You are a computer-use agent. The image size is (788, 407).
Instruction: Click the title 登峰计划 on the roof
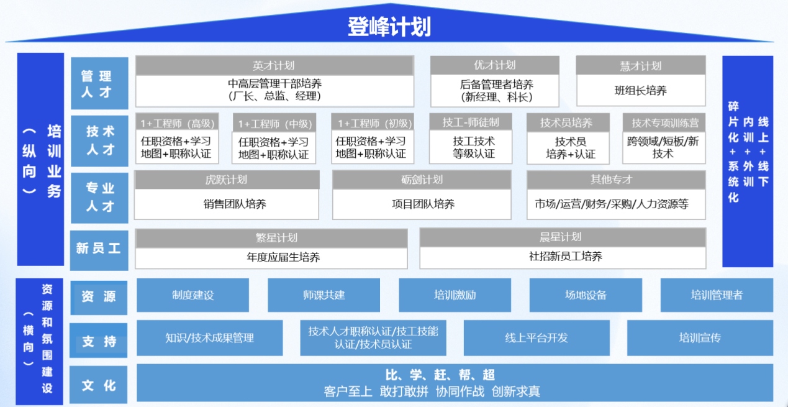coord(389,27)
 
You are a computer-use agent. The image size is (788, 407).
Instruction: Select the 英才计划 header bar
coord(274,65)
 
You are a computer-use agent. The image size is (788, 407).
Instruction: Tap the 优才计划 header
coord(495,65)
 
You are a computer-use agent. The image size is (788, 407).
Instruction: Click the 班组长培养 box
coord(641,91)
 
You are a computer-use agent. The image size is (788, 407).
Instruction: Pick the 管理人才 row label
coord(99,83)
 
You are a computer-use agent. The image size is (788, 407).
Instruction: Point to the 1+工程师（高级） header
coord(178,123)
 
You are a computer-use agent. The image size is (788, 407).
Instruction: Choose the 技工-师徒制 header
coord(470,122)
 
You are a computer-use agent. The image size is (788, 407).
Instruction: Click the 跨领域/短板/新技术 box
coord(664,147)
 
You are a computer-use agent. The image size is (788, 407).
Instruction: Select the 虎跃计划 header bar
coord(227,180)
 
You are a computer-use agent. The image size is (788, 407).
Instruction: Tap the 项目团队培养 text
coord(423,204)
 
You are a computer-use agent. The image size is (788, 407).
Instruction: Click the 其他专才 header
coord(616,180)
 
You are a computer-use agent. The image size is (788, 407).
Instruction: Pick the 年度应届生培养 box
coord(271,258)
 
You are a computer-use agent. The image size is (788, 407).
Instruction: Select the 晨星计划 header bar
coord(563,237)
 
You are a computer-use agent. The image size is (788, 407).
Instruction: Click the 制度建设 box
coord(192,295)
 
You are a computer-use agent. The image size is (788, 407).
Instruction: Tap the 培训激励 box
coord(455,295)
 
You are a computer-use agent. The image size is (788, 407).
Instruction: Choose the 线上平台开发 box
coord(537,338)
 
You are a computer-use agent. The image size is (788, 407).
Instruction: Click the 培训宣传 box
coord(700,338)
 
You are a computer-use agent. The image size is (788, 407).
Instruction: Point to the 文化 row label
coord(99,385)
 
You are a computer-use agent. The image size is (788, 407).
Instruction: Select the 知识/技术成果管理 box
coord(210,338)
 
